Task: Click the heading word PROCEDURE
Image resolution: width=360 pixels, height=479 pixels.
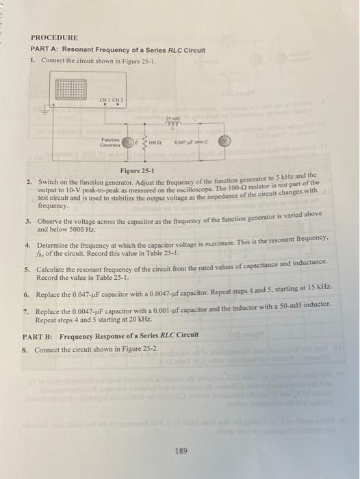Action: click(54, 37)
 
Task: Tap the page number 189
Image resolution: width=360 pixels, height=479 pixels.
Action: click(180, 451)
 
